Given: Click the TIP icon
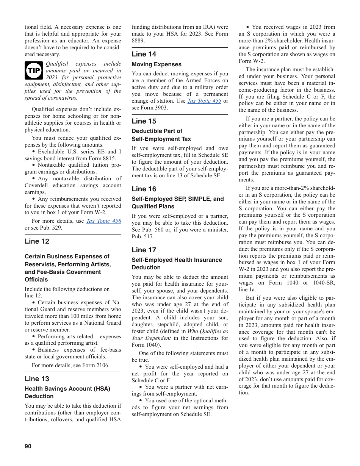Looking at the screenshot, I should (x=34, y=70).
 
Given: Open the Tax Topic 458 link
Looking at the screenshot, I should (x=103, y=221).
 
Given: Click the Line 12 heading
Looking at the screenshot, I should (x=37, y=241).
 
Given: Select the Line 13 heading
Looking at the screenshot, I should (x=37, y=378).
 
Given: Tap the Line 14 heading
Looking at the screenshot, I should (x=144, y=54).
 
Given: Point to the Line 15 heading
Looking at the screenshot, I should (x=144, y=121).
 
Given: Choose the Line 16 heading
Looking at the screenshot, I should (x=144, y=189).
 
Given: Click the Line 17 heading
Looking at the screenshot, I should (x=144, y=250).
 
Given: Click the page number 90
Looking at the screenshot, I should (x=28, y=446).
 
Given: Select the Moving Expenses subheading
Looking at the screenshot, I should (x=157, y=64).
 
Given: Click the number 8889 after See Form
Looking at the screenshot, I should (x=138, y=41).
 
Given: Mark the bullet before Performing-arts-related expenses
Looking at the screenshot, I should (x=34, y=336).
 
